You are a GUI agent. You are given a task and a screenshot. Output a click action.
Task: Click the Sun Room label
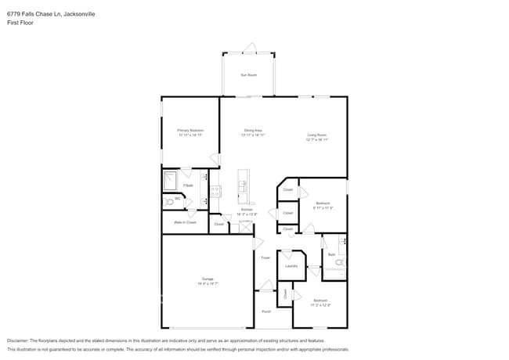pyautogui.click(x=248, y=74)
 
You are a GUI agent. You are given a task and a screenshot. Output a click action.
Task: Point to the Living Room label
pyautogui.click(x=316, y=136)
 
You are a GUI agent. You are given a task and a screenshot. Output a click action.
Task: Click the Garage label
pyautogui.click(x=208, y=279)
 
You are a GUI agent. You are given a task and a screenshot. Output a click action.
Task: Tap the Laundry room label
pyautogui.click(x=291, y=266)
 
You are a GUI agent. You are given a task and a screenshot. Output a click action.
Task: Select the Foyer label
pyautogui.click(x=265, y=257)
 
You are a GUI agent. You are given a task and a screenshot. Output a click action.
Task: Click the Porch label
pyautogui.click(x=265, y=311)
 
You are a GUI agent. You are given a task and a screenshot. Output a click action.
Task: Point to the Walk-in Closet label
pyautogui.click(x=185, y=222)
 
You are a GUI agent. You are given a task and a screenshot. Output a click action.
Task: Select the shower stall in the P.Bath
pyautogui.click(x=171, y=182)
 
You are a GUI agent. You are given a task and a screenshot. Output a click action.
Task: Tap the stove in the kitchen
pyautogui.click(x=215, y=190)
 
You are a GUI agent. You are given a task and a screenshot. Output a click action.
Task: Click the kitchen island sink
pyautogui.click(x=244, y=186)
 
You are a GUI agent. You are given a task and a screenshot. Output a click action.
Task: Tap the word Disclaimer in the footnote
pyautogui.click(x=21, y=341)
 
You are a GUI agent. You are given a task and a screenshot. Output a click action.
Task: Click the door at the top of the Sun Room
pyautogui.click(x=248, y=49)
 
